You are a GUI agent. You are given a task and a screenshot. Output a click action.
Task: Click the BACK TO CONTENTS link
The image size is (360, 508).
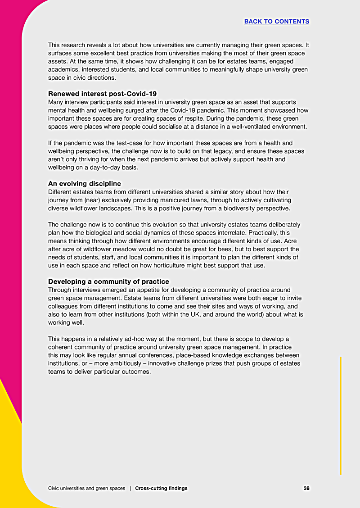277,21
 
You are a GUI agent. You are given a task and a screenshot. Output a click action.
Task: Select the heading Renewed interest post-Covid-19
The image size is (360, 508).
102,94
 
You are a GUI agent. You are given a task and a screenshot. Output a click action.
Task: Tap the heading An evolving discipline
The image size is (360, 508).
84,184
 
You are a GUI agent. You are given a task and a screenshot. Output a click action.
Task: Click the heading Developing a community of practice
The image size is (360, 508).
108,281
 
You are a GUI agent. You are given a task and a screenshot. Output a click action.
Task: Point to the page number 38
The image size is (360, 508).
306,488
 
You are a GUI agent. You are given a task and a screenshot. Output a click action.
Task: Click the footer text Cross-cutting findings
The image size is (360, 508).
161,488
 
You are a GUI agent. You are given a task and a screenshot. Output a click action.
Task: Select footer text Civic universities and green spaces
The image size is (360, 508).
86,488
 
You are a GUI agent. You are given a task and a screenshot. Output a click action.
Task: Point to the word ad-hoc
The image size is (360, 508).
145,339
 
